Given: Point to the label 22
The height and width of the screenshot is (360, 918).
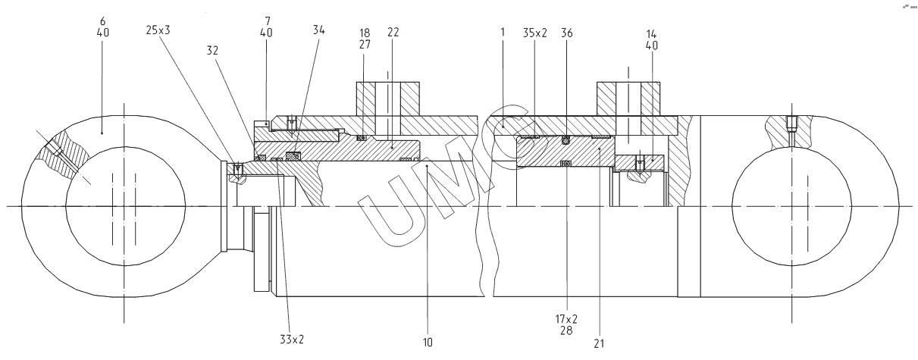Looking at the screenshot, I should [x=393, y=33].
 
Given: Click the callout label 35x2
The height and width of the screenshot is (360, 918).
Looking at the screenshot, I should [x=534, y=33].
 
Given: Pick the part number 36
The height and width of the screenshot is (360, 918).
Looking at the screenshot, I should [x=567, y=33].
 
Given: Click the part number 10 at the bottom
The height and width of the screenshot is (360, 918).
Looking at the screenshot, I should [x=428, y=343].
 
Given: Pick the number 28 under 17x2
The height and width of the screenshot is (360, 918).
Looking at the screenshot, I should [x=566, y=330].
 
